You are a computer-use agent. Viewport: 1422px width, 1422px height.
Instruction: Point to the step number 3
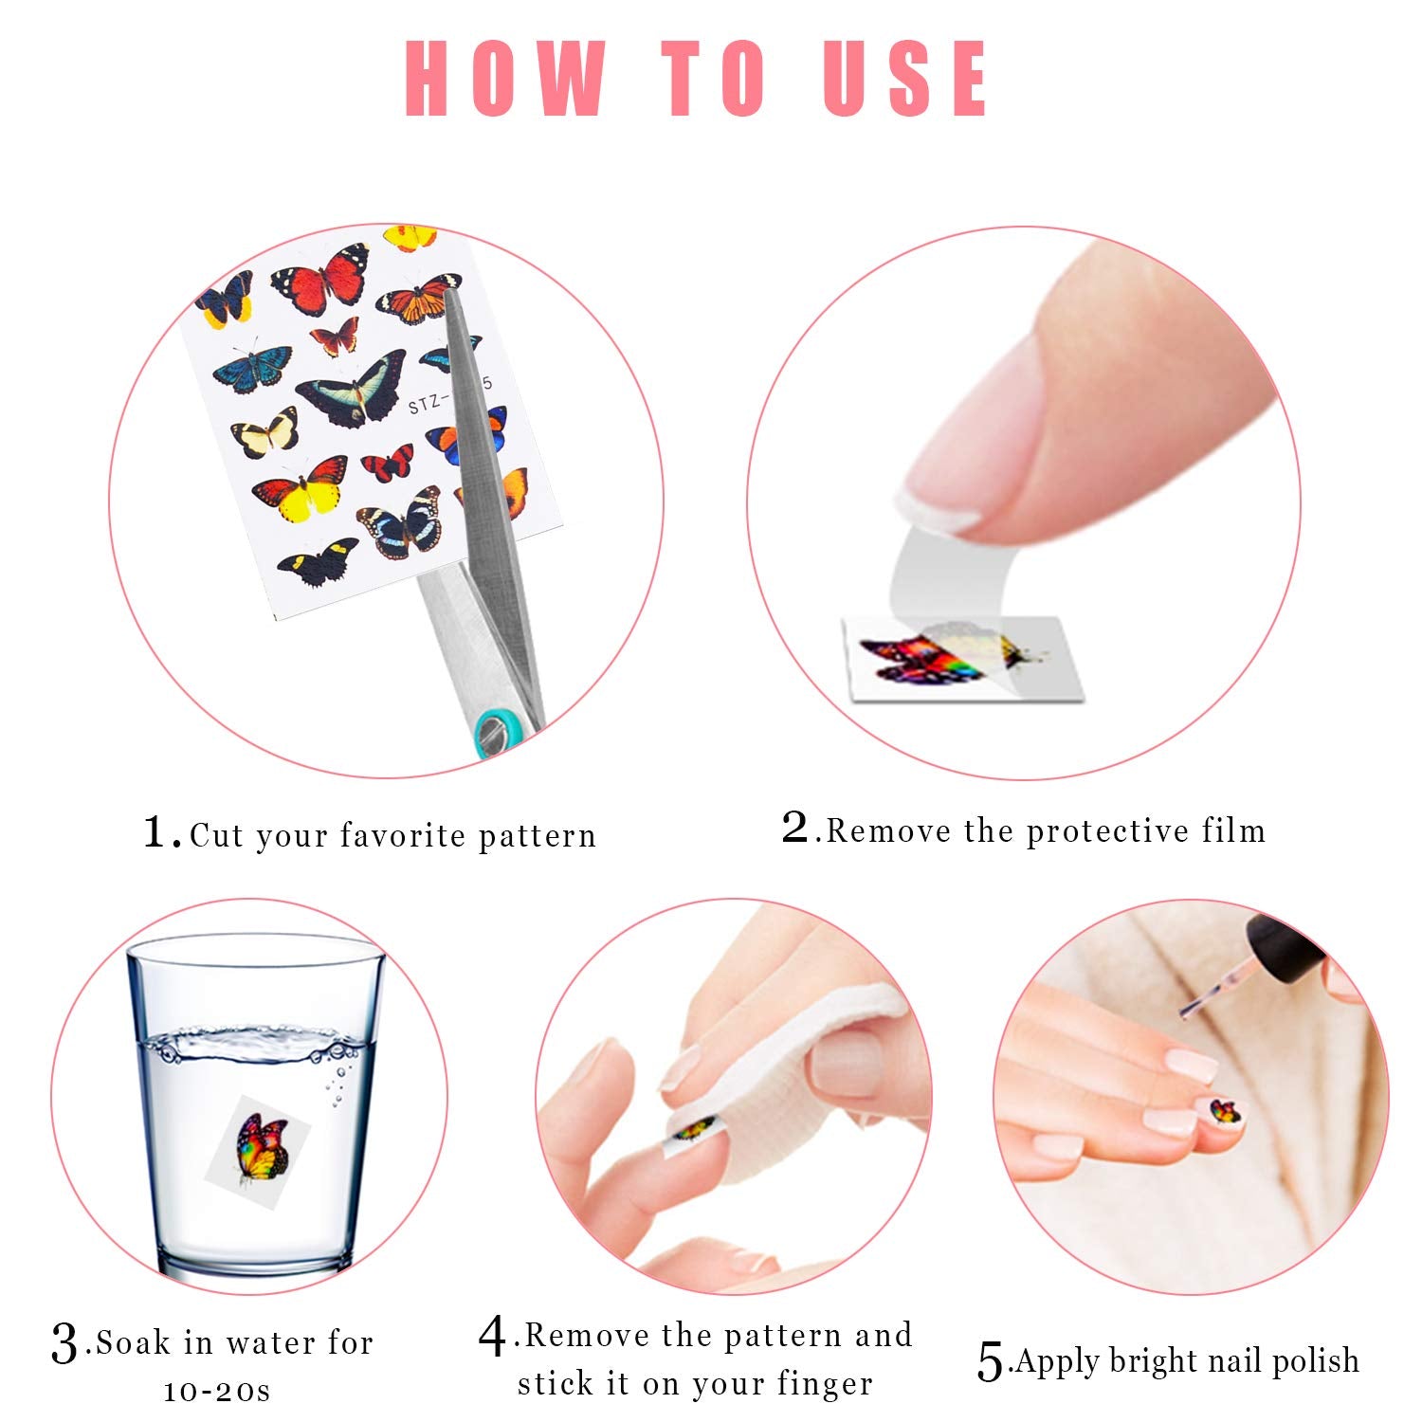[64, 1343]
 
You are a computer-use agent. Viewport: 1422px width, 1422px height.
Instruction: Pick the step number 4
[493, 1337]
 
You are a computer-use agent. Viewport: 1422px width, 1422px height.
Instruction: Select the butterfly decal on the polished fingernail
[1225, 1110]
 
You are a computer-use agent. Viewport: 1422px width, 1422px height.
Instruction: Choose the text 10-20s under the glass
[217, 1391]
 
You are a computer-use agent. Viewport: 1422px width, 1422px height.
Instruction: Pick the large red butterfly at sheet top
[321, 279]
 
